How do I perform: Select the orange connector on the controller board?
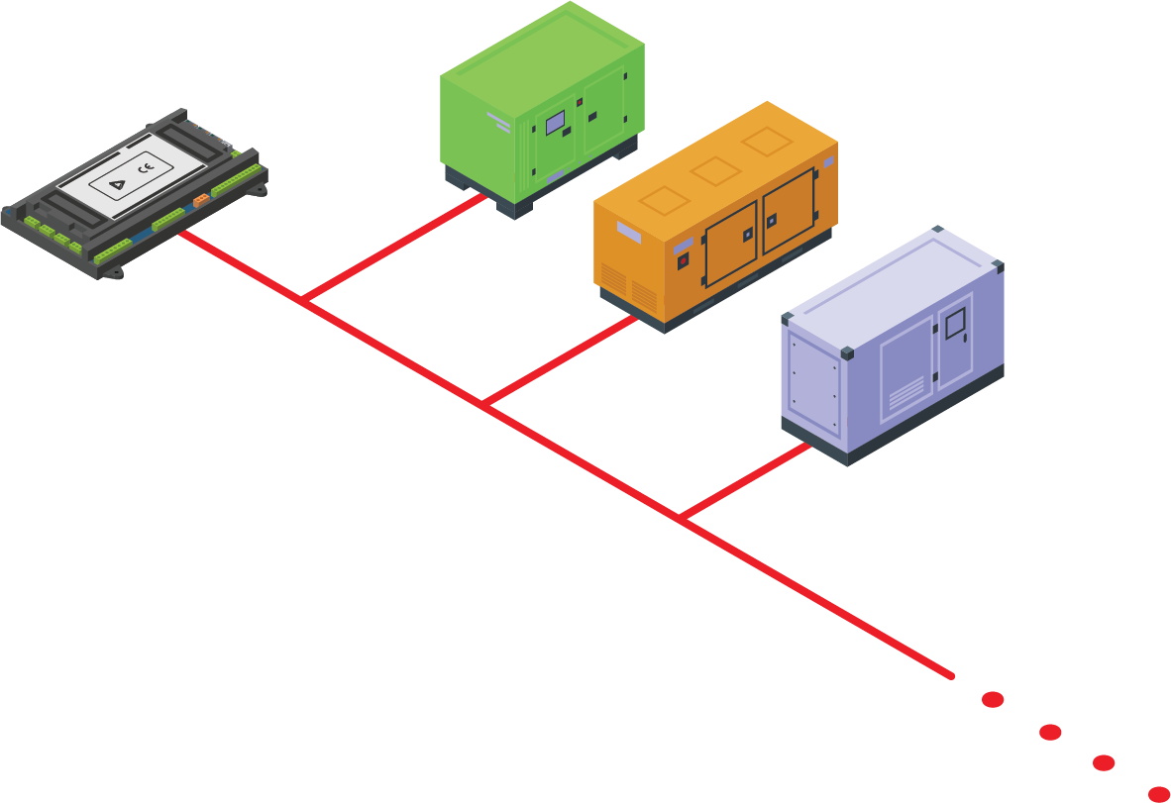[x=201, y=199]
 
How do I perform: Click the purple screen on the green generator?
[x=555, y=123]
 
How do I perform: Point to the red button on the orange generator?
[x=682, y=261]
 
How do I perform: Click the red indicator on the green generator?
[x=580, y=103]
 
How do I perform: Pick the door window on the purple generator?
[x=954, y=324]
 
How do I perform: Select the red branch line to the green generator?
[x=396, y=248]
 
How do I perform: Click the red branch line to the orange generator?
[x=561, y=361]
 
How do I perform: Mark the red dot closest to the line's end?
[x=993, y=700]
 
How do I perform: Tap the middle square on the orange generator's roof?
[x=715, y=170]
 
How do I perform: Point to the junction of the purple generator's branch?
[x=683, y=518]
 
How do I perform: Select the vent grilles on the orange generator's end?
[x=628, y=284]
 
